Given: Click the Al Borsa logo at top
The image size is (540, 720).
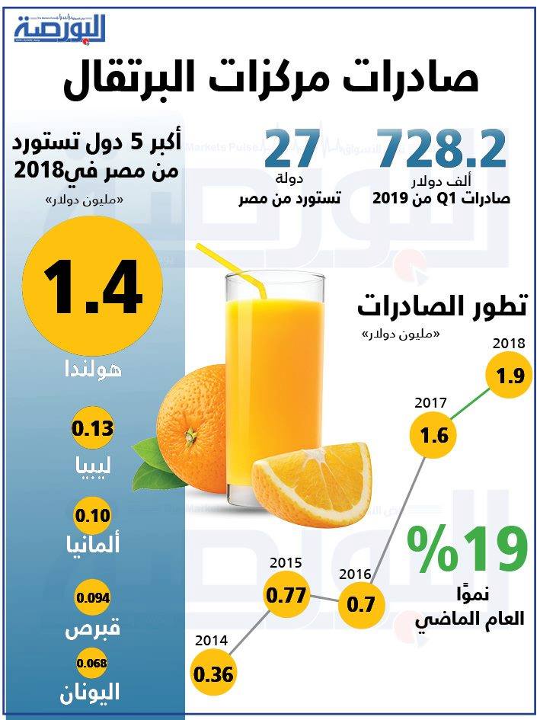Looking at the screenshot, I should tap(60, 28).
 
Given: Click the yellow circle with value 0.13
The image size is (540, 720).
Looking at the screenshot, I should tap(92, 429).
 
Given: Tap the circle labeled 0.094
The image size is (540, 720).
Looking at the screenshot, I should tap(92, 597).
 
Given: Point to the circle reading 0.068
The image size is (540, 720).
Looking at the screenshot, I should tap(92, 663).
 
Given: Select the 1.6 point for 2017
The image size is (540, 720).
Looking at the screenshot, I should tap(429, 437).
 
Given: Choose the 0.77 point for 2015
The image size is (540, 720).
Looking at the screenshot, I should tap(283, 597).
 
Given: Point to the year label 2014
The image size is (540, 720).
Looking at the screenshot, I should tap(212, 641).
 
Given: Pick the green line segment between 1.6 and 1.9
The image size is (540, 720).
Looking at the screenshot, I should tap(468, 405).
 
